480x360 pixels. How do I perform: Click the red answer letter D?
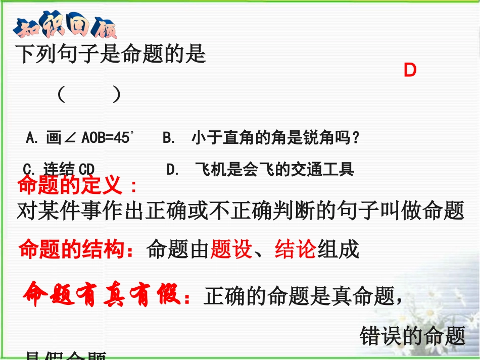pos(410,71)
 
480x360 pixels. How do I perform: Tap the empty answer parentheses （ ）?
pos(89,94)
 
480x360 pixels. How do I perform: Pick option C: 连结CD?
pos(59,169)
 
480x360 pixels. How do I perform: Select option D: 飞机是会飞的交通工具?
pos(260,170)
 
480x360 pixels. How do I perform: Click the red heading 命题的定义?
pos(77,186)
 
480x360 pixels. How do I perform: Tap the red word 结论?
pos(295,249)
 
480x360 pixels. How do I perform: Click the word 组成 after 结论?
pos(338,249)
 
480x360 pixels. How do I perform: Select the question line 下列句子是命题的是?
pos(111,54)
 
